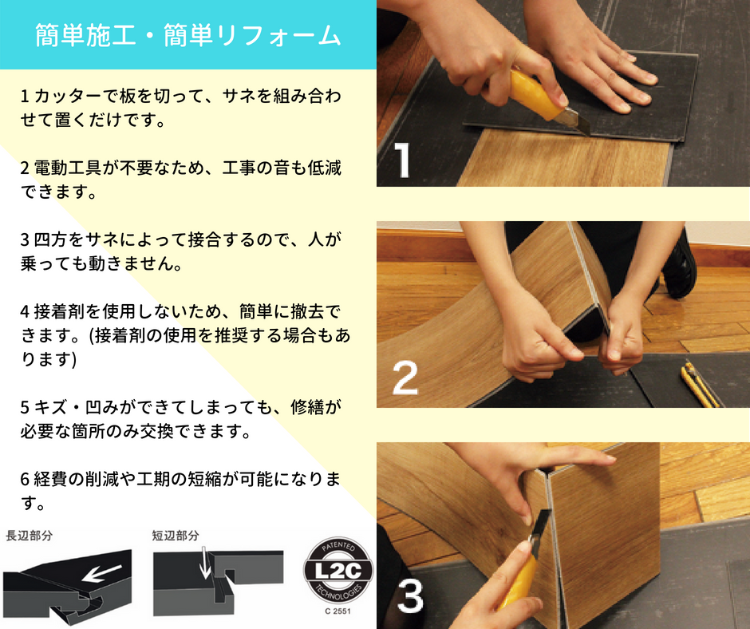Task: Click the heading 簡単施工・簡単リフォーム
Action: coord(188,35)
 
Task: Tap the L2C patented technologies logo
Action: coord(338,571)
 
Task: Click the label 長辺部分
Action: coord(29,536)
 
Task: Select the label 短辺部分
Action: coord(175,536)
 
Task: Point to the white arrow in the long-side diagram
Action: coord(101,572)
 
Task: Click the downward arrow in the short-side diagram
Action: coord(206,563)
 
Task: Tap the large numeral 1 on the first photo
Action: coord(403,160)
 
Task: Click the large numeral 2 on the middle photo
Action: coord(405,378)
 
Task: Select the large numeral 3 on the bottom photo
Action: coord(410,595)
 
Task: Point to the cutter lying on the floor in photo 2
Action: coord(699,385)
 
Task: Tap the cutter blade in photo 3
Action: coord(539,525)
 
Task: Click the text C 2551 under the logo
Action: coord(337,611)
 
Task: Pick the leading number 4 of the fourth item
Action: coord(25,312)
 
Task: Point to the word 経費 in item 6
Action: coord(51,479)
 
